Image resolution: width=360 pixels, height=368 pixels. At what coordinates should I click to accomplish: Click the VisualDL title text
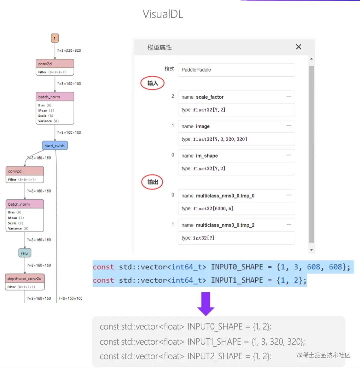pyautogui.click(x=163, y=14)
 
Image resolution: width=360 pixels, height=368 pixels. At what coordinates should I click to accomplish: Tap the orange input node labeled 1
pyautogui.click(x=55, y=38)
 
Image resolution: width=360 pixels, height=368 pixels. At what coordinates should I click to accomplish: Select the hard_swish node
pyautogui.click(x=55, y=146)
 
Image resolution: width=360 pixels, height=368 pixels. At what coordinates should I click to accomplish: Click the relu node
pyautogui.click(x=25, y=253)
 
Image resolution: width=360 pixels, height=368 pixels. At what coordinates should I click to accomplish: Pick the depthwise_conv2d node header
pyautogui.click(x=25, y=278)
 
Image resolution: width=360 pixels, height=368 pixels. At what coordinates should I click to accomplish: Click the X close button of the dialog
pyautogui.click(x=299, y=47)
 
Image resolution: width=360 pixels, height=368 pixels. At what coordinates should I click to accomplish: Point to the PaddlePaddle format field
pyautogui.click(x=236, y=70)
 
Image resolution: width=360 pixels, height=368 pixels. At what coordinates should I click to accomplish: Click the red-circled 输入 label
pyautogui.click(x=153, y=83)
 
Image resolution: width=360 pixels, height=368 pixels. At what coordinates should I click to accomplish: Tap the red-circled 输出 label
pyautogui.click(x=153, y=182)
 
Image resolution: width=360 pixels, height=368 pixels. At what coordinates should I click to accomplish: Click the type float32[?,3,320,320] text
pyautogui.click(x=214, y=139)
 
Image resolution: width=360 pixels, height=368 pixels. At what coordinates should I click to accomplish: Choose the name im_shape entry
pyautogui.click(x=200, y=156)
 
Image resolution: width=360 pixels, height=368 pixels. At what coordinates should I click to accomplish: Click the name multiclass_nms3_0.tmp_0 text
pyautogui.click(x=218, y=196)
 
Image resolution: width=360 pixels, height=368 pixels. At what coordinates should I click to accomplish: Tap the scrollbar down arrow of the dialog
pyautogui.click(x=311, y=250)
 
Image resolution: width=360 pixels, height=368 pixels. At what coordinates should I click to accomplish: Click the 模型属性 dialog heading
pyautogui.click(x=160, y=47)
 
